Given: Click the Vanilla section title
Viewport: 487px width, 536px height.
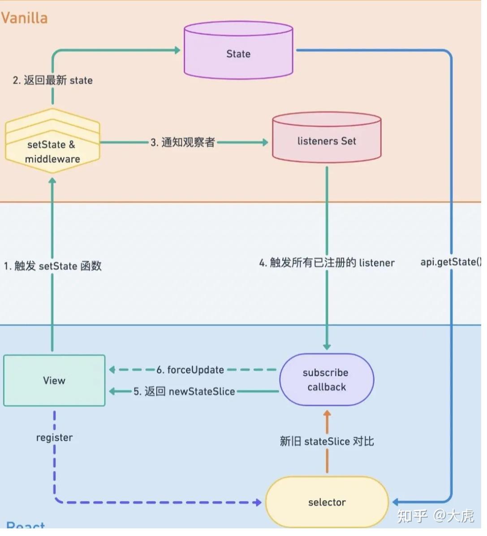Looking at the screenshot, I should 25,18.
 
